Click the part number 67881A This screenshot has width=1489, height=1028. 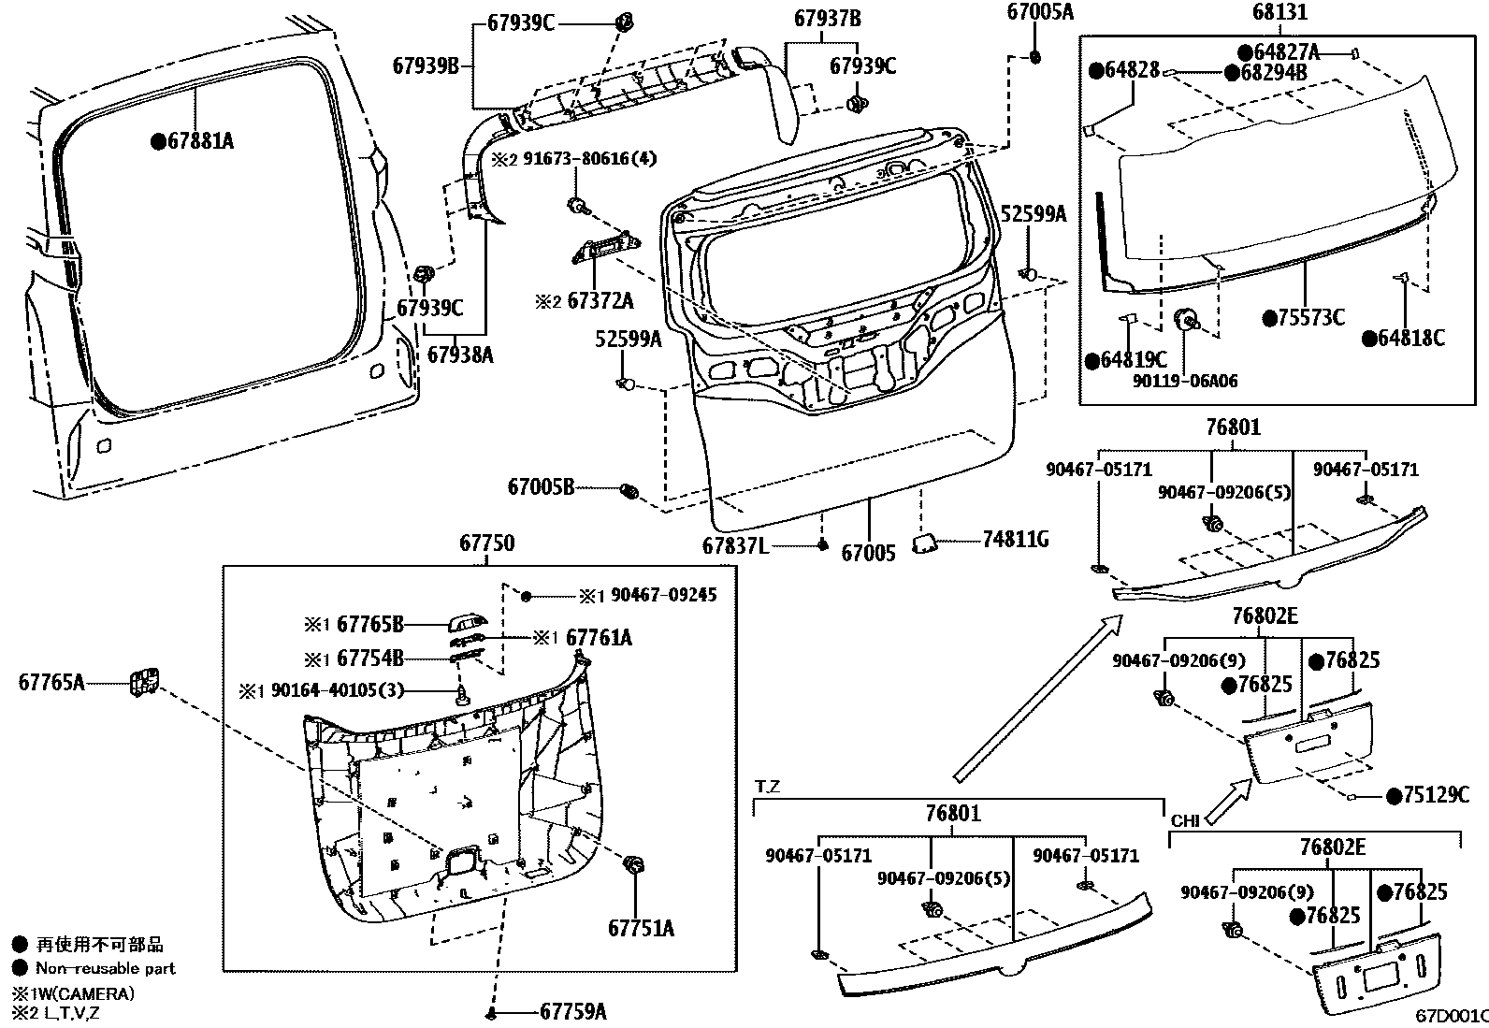click(x=199, y=141)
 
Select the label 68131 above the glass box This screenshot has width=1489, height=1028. click(x=1280, y=12)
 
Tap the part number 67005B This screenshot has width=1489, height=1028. click(x=542, y=486)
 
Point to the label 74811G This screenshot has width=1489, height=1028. click(x=1015, y=539)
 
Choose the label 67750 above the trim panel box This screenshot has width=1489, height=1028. click(x=486, y=543)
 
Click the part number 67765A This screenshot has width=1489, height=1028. click(x=51, y=682)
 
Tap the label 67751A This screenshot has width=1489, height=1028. click(x=641, y=928)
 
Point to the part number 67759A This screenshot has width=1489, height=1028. click(x=573, y=1011)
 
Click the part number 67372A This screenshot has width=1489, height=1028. click(x=600, y=300)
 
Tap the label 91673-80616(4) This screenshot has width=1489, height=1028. click(x=589, y=160)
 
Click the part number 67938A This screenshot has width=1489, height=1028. click(x=460, y=355)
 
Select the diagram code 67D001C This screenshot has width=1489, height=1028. click(x=1451, y=1016)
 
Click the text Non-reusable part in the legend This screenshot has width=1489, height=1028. click(x=106, y=968)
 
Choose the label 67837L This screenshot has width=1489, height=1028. click(x=735, y=544)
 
